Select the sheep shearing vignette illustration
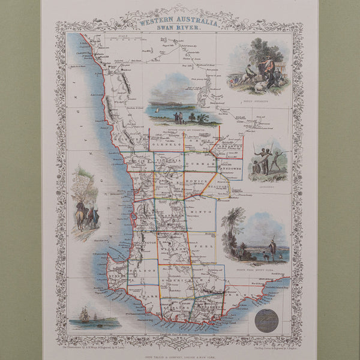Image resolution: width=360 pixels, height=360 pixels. coord(257,66)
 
